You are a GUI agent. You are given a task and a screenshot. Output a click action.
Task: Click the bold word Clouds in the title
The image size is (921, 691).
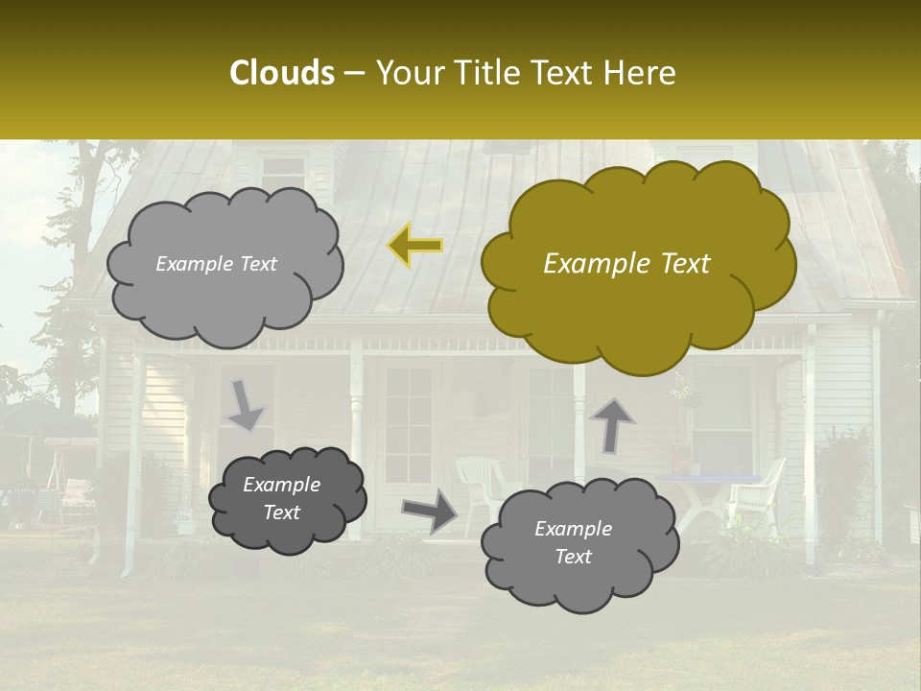coord(282,73)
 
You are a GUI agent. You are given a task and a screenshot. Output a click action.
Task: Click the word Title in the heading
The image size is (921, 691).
coord(488,73)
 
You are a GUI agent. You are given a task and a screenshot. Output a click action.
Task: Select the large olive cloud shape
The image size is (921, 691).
coord(637,288)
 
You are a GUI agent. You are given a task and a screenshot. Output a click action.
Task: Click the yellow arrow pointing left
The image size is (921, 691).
coord(415,246)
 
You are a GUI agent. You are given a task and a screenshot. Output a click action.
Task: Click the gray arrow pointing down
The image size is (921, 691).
coord(245,404)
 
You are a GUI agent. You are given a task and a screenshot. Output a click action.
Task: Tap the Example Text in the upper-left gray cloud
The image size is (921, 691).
coord(217,264)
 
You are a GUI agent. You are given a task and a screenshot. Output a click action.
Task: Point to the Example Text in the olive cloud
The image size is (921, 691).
coord(626,264)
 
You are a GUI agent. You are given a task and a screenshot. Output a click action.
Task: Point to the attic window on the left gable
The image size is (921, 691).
coord(282,173)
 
